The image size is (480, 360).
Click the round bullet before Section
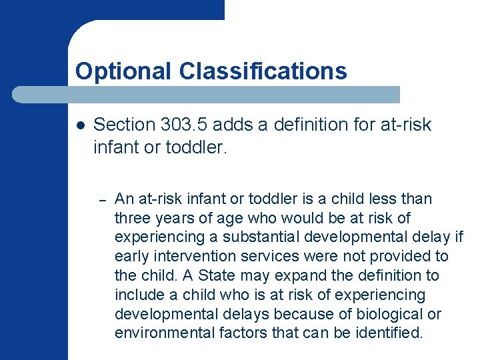pos(80,125)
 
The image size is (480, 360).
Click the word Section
pos(125,125)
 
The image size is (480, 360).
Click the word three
pos(131,218)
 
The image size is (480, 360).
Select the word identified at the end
pos(387,333)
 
